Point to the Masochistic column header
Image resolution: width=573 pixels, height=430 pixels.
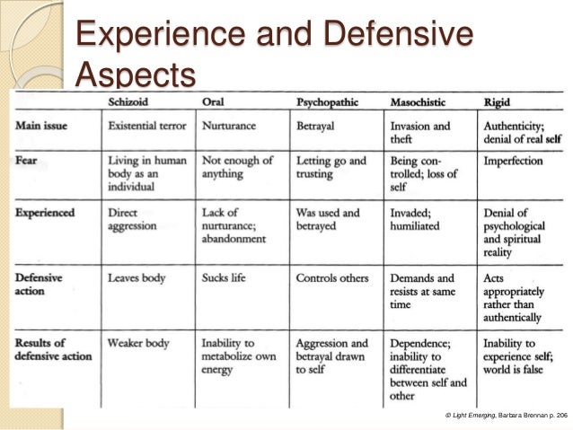coord(420,102)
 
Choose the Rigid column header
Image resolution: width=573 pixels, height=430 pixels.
coord(500,102)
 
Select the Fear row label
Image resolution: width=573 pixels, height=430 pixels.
coord(29,162)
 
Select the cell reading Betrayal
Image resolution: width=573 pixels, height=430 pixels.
coord(315,126)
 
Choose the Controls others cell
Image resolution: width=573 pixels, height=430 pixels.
coord(334,278)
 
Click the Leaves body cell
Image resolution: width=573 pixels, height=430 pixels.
coord(137,278)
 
